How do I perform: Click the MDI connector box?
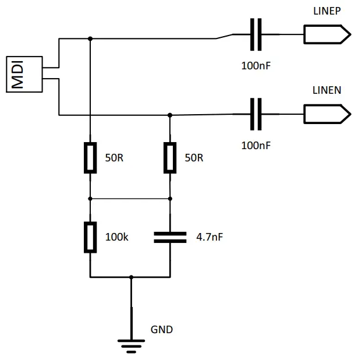(x=24, y=74)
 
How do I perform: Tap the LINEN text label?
(x=327, y=90)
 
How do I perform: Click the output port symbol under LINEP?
(x=326, y=34)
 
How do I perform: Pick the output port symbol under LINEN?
(x=326, y=113)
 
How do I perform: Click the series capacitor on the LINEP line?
(x=255, y=34)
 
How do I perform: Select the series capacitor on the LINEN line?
(x=255, y=113)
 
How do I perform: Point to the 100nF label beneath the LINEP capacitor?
(x=256, y=65)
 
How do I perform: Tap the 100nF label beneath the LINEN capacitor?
(x=256, y=145)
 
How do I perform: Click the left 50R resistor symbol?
(x=90, y=157)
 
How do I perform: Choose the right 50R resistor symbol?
(x=169, y=157)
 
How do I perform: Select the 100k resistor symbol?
(x=90, y=237)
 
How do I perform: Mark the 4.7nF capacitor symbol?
(x=169, y=237)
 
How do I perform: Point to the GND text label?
(x=162, y=329)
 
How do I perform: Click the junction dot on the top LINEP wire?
(x=90, y=38)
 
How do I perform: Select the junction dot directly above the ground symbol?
(x=131, y=277)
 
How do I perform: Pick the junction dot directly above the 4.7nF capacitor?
(x=169, y=198)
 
